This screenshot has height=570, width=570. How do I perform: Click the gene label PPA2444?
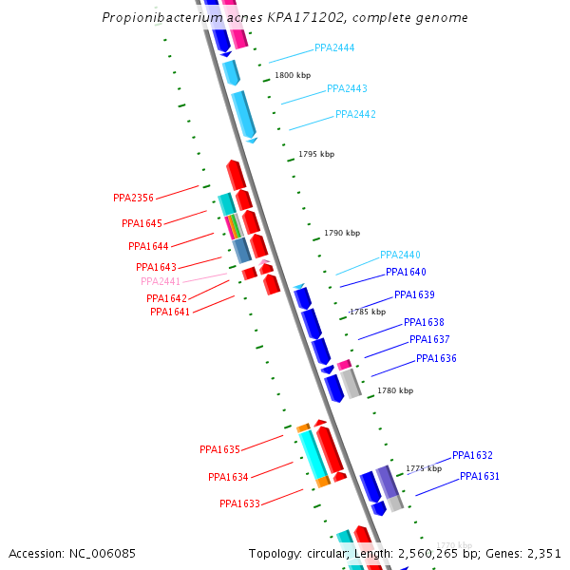pos(334,47)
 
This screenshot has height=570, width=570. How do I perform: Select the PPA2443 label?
pos(347,88)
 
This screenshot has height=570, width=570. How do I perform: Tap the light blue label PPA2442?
pos(355,114)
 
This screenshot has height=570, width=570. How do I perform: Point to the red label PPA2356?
pos(133,198)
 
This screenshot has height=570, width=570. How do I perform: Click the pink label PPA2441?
pos(161,281)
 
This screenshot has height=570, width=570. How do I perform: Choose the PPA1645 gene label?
pos(142,223)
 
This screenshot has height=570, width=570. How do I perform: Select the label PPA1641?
pos(170,312)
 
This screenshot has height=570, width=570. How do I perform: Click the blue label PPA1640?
pos(406,272)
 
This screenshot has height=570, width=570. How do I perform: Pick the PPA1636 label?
pos(436,358)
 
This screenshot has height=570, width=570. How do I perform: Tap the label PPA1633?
pos(239,503)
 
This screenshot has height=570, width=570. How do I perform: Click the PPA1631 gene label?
pos(480,476)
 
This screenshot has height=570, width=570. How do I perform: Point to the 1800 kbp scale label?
pos(293,75)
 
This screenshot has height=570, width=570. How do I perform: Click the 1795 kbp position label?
pos(316,154)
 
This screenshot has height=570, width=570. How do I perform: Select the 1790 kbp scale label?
pos(342,233)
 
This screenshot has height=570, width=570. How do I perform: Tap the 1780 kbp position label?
pos(395,390)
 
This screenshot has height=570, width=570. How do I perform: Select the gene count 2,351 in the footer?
pos(542,553)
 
